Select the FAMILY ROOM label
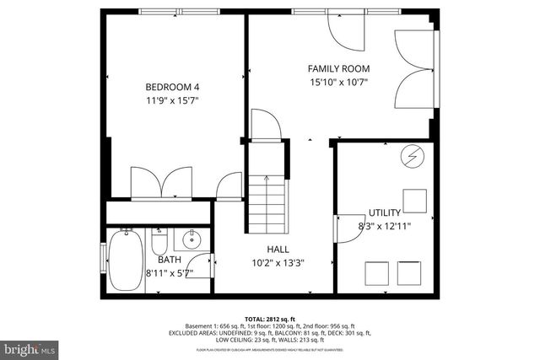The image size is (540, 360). pyautogui.click(x=338, y=69)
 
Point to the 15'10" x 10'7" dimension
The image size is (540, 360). pyautogui.click(x=338, y=83)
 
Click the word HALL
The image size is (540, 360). pyautogui.click(x=278, y=250)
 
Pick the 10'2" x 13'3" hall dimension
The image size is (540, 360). pyautogui.click(x=278, y=263)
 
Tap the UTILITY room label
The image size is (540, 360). pyautogui.click(x=385, y=212)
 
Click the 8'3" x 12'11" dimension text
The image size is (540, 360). pyautogui.click(x=385, y=226)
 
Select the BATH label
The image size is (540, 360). pyautogui.click(x=170, y=260)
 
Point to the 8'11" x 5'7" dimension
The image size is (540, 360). pyautogui.click(x=170, y=272)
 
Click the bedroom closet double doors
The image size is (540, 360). pyautogui.click(x=159, y=184)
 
